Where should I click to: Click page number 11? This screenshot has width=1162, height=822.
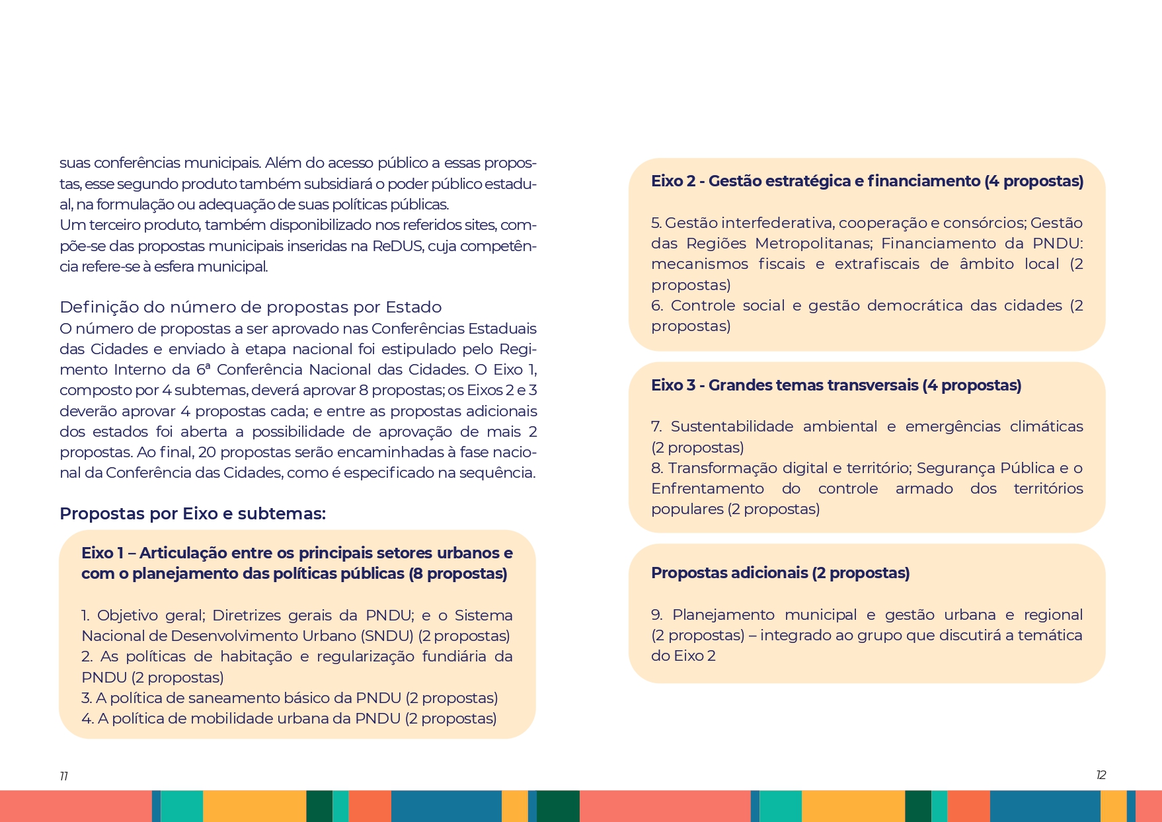coord(63,776)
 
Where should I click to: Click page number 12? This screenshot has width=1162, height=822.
coord(1101,774)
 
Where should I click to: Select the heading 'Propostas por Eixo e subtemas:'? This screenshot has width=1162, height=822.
coord(192,513)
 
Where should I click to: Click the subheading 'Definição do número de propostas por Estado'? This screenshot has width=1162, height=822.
coord(251,307)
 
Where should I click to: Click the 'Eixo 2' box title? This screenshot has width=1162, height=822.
coord(867,181)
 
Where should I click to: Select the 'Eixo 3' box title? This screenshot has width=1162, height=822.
coord(836,385)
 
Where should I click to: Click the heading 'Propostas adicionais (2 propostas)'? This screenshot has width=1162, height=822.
coord(780,573)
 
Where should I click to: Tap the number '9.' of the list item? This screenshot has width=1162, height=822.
coord(657,615)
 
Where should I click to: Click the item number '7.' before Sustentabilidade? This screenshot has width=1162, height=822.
coord(656,427)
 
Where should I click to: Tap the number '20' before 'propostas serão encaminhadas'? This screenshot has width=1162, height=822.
coord(207,452)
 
